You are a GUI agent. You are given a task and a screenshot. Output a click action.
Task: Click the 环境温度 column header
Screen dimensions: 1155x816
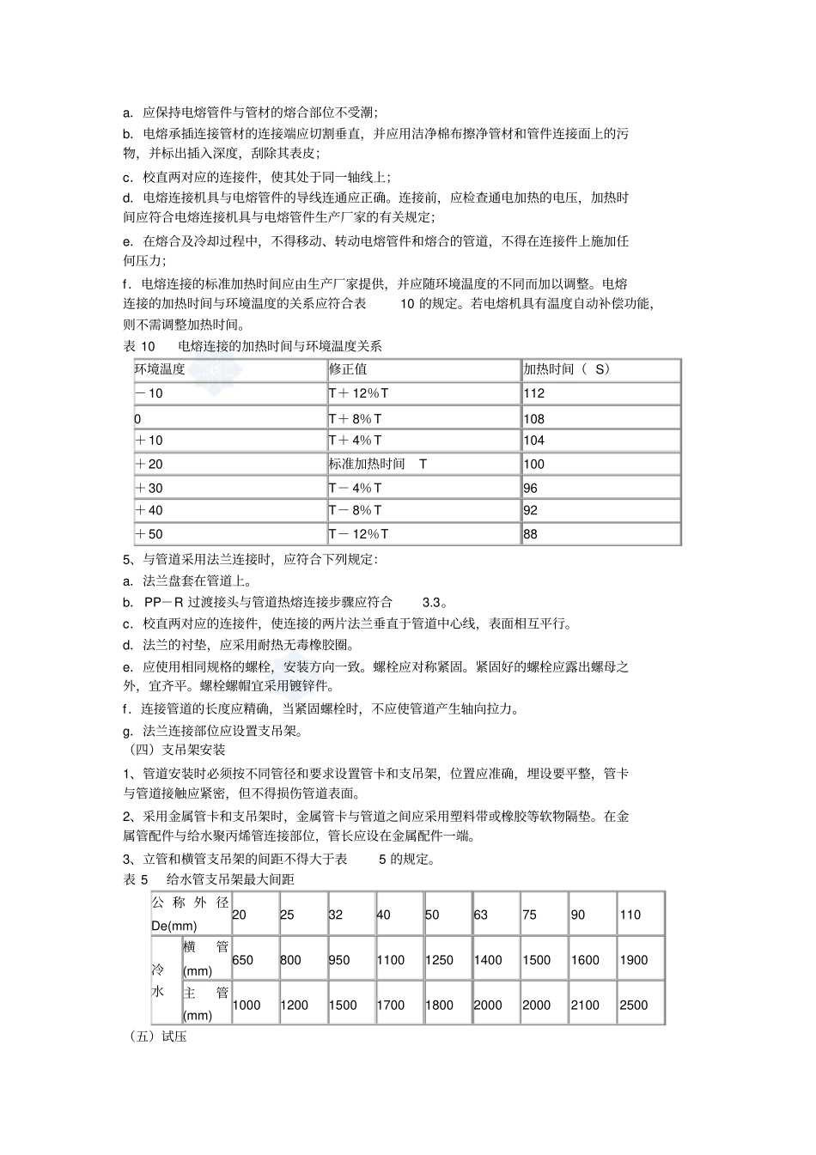[x=160, y=369]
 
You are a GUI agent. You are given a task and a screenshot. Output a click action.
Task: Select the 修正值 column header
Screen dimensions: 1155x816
[x=348, y=369]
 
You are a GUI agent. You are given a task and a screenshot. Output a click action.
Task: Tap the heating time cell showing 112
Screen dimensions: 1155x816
[x=533, y=393]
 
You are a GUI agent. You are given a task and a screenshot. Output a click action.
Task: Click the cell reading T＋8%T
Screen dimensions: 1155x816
[x=355, y=419]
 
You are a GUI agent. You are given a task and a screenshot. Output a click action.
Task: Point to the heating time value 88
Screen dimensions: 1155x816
[x=530, y=534]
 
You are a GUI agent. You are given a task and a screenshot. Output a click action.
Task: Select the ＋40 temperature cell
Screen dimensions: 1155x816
[x=149, y=510]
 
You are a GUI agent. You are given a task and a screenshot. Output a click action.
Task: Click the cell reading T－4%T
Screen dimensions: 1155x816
[x=355, y=488]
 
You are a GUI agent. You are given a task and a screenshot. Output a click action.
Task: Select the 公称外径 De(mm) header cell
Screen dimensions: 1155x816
[x=190, y=914]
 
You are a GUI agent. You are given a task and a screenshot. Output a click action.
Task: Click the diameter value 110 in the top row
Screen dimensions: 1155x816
[x=630, y=915]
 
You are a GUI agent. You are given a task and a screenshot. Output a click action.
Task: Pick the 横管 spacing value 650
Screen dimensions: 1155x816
[x=242, y=960]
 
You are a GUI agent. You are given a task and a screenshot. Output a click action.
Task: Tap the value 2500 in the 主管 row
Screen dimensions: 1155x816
[x=634, y=1005]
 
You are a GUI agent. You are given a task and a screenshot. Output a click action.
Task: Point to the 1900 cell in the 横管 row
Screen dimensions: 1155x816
[x=634, y=960]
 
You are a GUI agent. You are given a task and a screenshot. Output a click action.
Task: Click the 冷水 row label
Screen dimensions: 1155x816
[x=158, y=981]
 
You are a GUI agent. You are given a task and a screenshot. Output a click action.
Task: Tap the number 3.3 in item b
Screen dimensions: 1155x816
[x=435, y=602]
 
